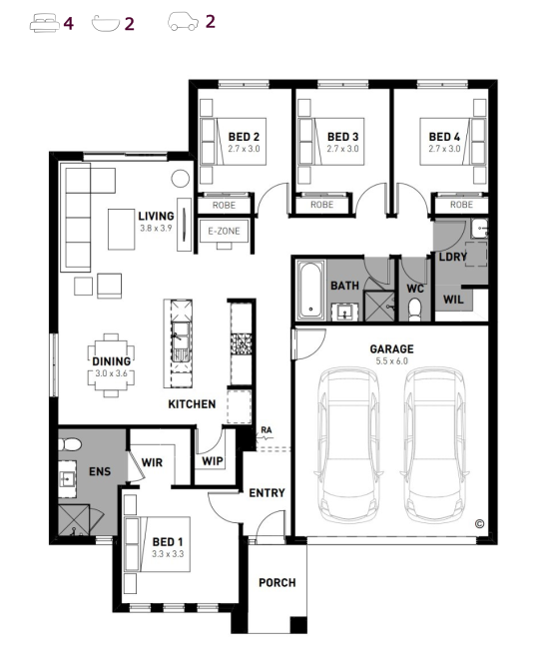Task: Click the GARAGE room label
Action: click(391, 348)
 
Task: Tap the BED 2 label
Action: click(244, 137)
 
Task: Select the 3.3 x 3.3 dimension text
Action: click(168, 554)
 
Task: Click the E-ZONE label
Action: click(224, 231)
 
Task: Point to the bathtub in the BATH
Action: click(310, 290)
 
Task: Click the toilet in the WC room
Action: click(414, 309)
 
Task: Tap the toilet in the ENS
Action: click(70, 444)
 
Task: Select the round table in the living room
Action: click(181, 179)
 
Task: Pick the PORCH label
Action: click(277, 582)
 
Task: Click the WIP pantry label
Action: click(213, 461)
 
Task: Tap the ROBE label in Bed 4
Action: click(461, 205)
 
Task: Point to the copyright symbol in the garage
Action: click(479, 524)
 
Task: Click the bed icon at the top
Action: click(45, 23)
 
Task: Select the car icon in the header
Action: click(184, 21)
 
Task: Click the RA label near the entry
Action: click(267, 430)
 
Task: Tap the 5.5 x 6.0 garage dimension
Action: click(391, 360)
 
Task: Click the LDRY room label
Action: click(453, 257)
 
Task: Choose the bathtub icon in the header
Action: click(106, 24)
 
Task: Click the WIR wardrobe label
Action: click(152, 462)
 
